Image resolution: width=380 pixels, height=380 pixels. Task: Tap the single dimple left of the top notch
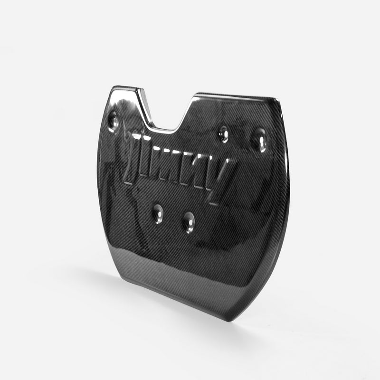tap(114, 121)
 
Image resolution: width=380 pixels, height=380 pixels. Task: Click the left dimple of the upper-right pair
tap(223, 134)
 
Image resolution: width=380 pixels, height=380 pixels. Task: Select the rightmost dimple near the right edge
tap(259, 140)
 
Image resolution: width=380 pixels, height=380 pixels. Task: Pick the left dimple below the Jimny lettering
tap(158, 213)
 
